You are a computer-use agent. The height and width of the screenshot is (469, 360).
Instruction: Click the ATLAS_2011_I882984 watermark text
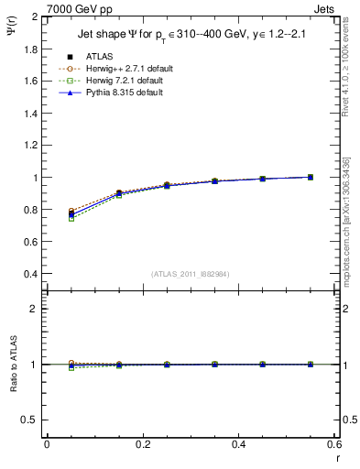[x=191, y=274]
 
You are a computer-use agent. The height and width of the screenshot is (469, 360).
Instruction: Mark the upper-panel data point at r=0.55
[x=311, y=177]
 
